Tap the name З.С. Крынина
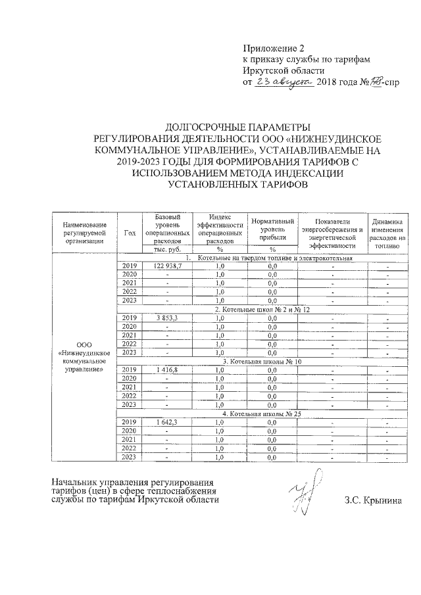376,500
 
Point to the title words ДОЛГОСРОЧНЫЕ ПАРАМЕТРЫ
235,126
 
